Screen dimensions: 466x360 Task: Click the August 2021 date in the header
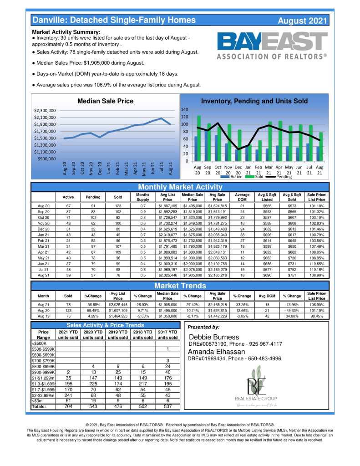(302, 20)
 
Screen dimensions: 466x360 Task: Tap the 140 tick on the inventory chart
(184, 110)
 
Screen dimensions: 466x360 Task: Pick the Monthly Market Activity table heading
(180, 187)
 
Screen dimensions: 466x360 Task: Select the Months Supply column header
(143, 197)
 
